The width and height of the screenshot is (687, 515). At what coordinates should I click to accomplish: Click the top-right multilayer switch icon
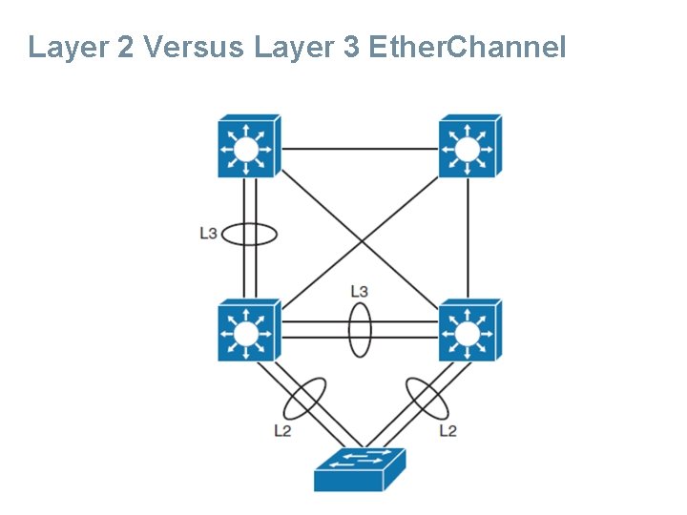point(468,147)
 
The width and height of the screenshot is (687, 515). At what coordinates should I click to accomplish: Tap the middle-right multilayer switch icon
point(468,331)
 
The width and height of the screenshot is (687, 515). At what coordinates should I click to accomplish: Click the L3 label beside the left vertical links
point(209,234)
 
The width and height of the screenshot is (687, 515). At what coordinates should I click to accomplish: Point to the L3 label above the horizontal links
point(360,290)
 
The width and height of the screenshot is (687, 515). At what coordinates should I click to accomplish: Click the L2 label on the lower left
point(282,430)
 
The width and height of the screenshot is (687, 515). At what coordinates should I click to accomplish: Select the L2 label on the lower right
point(448,430)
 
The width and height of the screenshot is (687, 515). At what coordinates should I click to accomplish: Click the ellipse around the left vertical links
point(250,234)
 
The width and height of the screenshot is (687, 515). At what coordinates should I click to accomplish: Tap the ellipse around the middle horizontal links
point(359,330)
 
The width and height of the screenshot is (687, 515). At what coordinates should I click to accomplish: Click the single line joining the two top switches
point(359,148)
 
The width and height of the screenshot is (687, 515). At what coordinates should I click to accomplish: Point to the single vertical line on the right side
point(468,238)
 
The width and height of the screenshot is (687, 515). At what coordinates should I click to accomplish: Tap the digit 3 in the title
point(350,47)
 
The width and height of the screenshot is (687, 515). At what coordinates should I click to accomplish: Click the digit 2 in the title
point(125,47)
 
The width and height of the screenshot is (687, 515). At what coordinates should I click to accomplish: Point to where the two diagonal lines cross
point(359,238)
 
